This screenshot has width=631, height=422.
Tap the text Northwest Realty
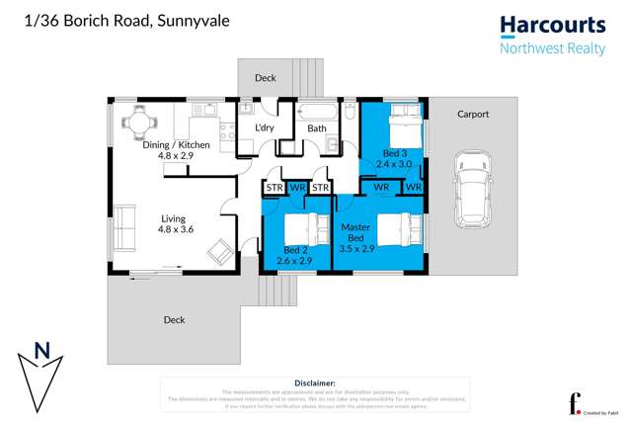point(552,48)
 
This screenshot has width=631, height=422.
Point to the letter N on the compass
point(40,350)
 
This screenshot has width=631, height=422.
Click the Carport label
point(473,114)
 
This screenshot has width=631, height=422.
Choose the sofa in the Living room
point(123,227)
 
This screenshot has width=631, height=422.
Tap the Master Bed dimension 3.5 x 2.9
point(355,251)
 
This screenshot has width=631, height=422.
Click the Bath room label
point(317,128)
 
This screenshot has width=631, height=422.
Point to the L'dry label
point(264,128)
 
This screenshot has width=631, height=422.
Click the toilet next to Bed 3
point(350,113)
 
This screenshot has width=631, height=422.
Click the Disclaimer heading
point(315,382)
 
